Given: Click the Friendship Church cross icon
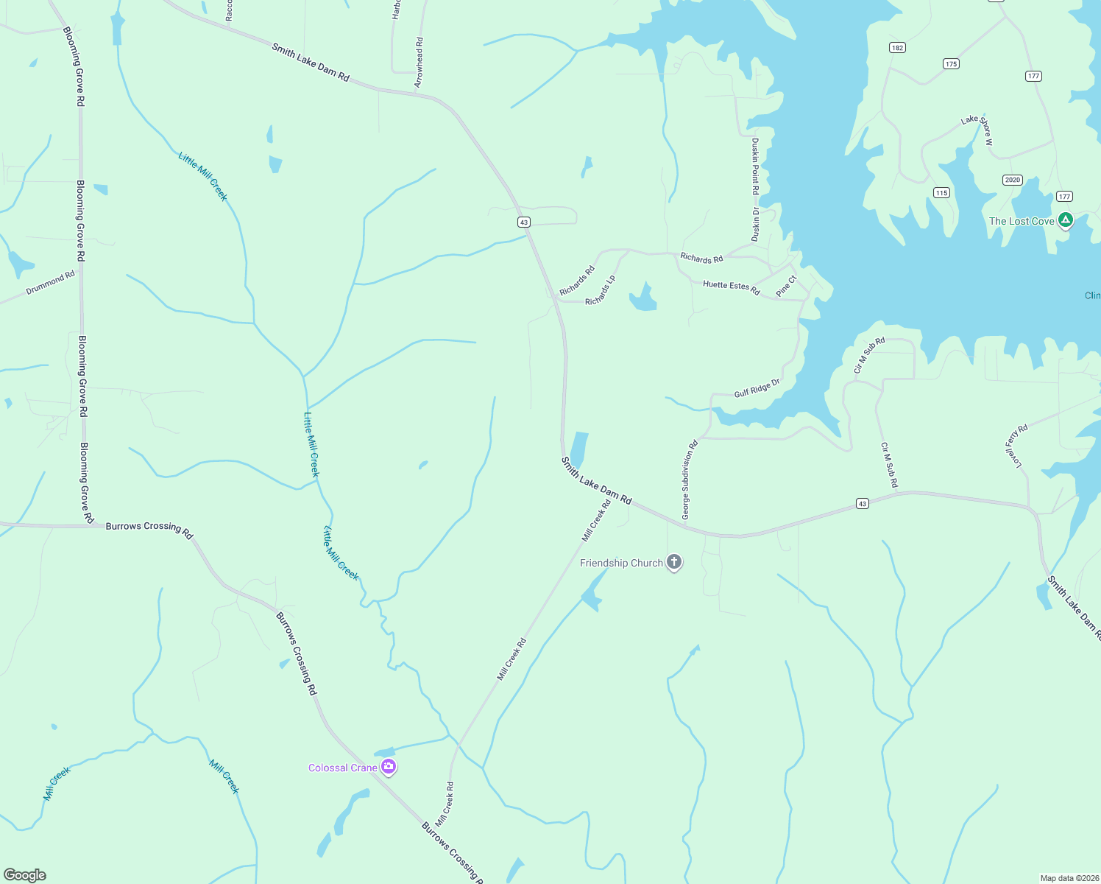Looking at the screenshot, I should click(673, 563).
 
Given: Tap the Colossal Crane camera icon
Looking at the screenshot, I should click(389, 768).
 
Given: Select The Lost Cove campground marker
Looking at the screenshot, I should click(1065, 220).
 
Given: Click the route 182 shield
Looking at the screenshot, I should click(897, 48).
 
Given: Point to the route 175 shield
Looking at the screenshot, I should click(951, 64).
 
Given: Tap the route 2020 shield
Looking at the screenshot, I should click(1013, 180).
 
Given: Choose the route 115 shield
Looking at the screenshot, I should click(941, 193).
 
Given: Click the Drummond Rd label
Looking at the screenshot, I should click(51, 283).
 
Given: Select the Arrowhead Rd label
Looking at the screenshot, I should click(419, 63).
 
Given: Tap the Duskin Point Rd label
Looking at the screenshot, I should click(755, 166).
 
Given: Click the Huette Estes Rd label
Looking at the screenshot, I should click(731, 287).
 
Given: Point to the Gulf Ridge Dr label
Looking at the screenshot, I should click(757, 388).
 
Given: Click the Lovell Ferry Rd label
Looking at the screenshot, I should click(1016, 446).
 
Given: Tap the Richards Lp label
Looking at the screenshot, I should click(601, 291).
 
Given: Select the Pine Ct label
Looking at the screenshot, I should click(786, 286).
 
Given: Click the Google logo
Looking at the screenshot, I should click(25, 875).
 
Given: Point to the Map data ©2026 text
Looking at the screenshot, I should click(1069, 878).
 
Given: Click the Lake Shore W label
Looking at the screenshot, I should click(977, 129).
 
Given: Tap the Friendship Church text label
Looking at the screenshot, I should click(621, 563).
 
